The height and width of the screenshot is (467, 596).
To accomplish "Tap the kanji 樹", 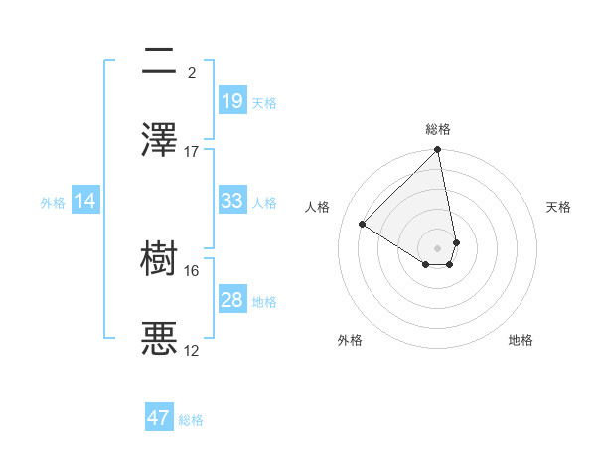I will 159,259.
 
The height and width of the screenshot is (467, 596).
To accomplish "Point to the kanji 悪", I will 159,339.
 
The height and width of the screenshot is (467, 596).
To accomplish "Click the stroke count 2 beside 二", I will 192,72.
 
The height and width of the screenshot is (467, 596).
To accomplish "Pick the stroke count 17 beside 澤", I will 192,152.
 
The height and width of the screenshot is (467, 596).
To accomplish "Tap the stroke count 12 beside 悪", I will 192,351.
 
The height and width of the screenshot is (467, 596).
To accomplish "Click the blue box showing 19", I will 231,100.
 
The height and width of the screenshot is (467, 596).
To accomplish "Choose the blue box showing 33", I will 231,201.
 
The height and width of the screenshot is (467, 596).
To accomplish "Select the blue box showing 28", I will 231,300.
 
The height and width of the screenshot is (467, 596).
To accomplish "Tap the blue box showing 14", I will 85,201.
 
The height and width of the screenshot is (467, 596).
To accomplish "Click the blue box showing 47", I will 159,418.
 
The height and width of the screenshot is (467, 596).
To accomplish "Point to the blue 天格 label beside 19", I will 264,102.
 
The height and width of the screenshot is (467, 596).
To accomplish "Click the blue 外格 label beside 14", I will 53,203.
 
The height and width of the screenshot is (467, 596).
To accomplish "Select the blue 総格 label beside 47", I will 191,420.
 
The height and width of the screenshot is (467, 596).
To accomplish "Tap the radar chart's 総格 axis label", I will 437,129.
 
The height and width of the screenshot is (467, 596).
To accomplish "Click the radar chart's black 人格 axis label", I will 318,207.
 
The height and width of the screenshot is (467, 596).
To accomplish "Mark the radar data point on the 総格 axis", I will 437,151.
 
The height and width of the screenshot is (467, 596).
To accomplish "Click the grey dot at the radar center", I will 437,247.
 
